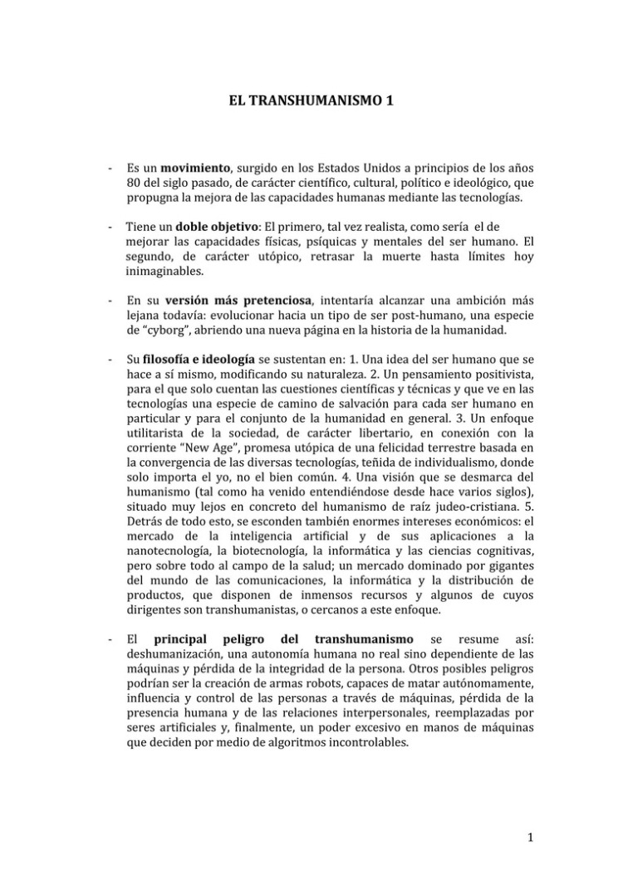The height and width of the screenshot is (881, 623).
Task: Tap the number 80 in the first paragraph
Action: coord(135,184)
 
